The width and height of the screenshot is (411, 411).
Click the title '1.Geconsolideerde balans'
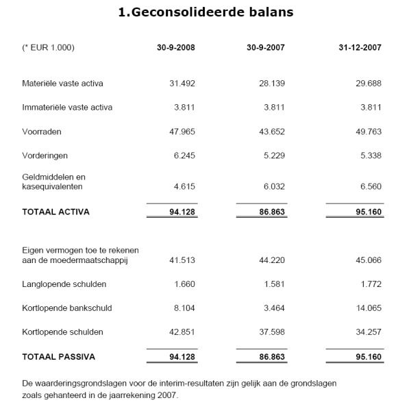click(x=205, y=12)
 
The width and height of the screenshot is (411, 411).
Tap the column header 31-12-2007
click(x=360, y=48)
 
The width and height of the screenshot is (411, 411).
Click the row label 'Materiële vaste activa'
click(x=63, y=84)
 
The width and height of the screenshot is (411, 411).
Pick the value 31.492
click(x=183, y=84)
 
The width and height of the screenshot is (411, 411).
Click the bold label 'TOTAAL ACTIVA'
click(x=56, y=212)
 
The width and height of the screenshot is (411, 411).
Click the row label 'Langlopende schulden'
click(x=64, y=284)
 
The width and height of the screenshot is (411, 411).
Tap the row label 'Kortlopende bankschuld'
click(x=67, y=308)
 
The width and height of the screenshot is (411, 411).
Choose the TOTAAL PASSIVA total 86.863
click(x=269, y=357)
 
